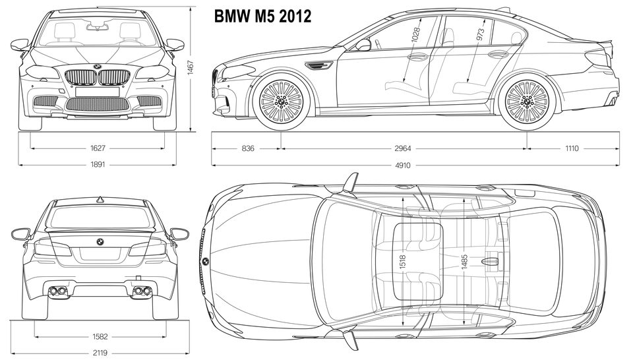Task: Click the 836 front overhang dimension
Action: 247,148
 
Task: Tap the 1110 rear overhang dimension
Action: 572,148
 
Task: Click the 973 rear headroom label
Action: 481,33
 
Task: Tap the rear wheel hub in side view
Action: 527,101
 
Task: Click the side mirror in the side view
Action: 363,45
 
